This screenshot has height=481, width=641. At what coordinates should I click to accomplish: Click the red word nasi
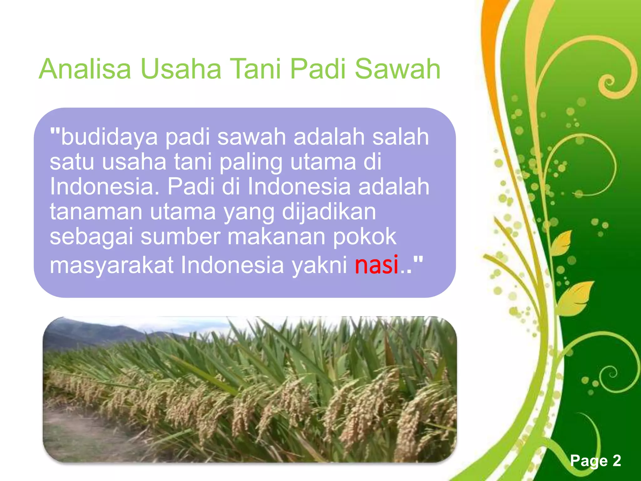376,265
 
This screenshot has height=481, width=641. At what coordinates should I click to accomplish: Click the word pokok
365,237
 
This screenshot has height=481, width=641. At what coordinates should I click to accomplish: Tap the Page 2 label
595,461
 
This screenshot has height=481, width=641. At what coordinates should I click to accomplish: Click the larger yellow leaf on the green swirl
576,296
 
